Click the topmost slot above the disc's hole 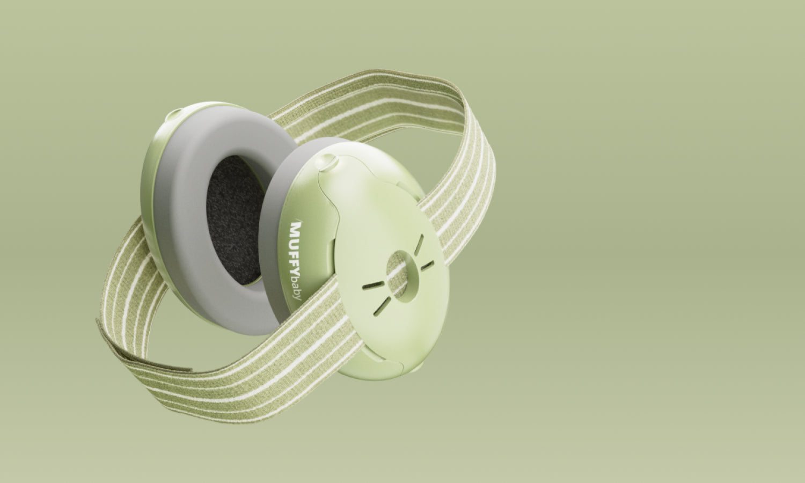coord(419,245)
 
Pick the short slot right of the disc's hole coord(427,266)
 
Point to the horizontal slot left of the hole coord(373,286)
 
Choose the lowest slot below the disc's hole coord(382,306)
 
